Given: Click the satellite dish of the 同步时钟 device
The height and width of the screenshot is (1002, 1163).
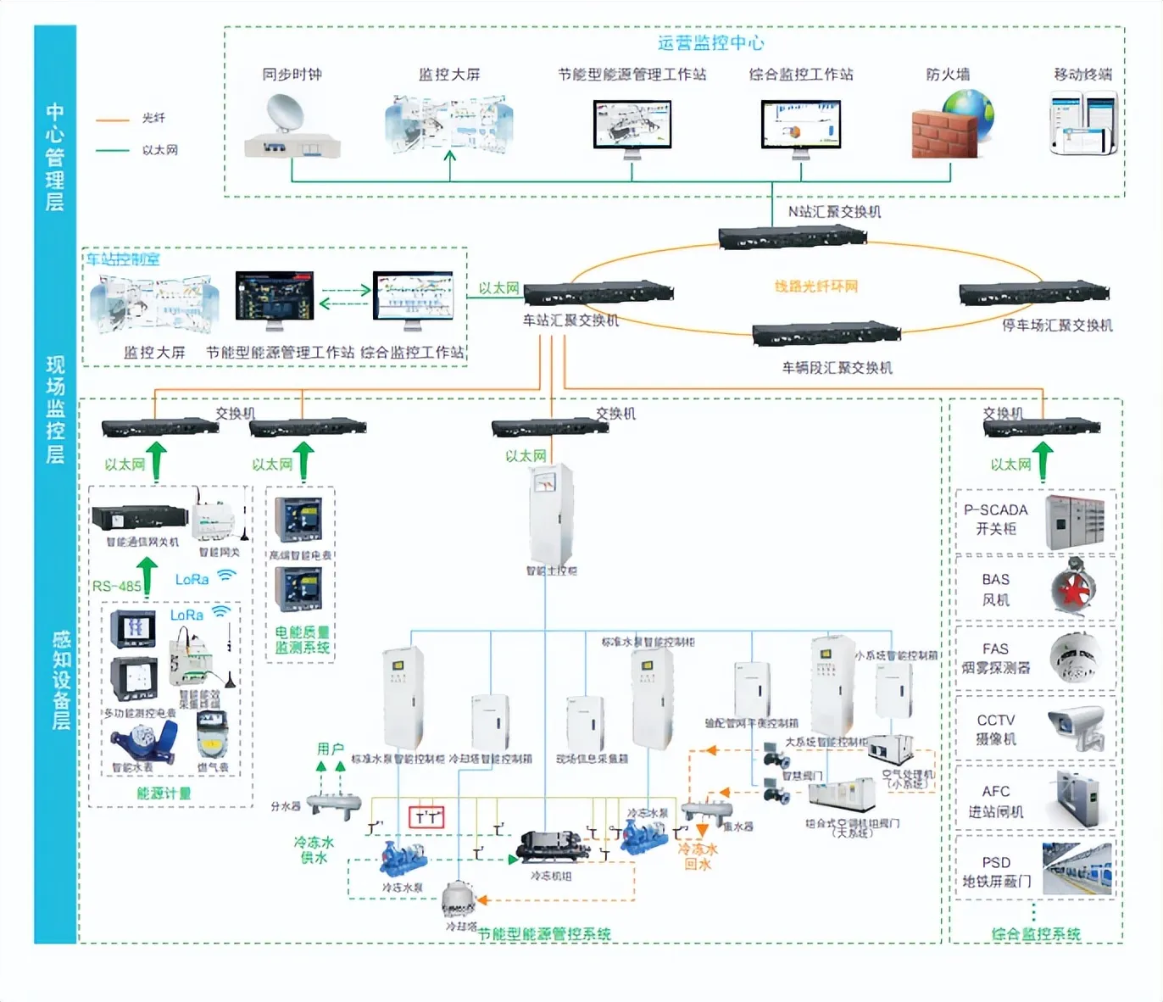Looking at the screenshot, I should pyautogui.click(x=285, y=114).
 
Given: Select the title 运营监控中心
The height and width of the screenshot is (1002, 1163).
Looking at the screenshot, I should pyautogui.click(x=710, y=43).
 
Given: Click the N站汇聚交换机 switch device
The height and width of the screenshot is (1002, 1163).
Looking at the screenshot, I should pyautogui.click(x=792, y=237).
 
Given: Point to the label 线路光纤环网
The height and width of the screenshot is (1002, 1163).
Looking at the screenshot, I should pyautogui.click(x=815, y=287).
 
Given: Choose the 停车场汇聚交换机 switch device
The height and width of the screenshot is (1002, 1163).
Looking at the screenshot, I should pyautogui.click(x=1033, y=293).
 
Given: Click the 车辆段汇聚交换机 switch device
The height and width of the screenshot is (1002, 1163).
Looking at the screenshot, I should pyautogui.click(x=826, y=333).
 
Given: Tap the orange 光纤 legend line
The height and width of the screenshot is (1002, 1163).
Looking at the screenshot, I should pyautogui.click(x=113, y=120).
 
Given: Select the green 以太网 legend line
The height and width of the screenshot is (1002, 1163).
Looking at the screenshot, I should pyautogui.click(x=113, y=151).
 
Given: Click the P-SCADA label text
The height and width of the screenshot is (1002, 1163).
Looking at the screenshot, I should pyautogui.click(x=995, y=510).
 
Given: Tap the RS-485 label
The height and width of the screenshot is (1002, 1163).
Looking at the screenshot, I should pyautogui.click(x=116, y=586).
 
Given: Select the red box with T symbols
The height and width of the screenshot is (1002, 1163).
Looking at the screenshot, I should pyautogui.click(x=426, y=817).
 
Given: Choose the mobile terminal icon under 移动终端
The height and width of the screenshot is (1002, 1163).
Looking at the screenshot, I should pyautogui.click(x=1083, y=124).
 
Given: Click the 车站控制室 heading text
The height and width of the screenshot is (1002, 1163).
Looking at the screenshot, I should pyautogui.click(x=122, y=259).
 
